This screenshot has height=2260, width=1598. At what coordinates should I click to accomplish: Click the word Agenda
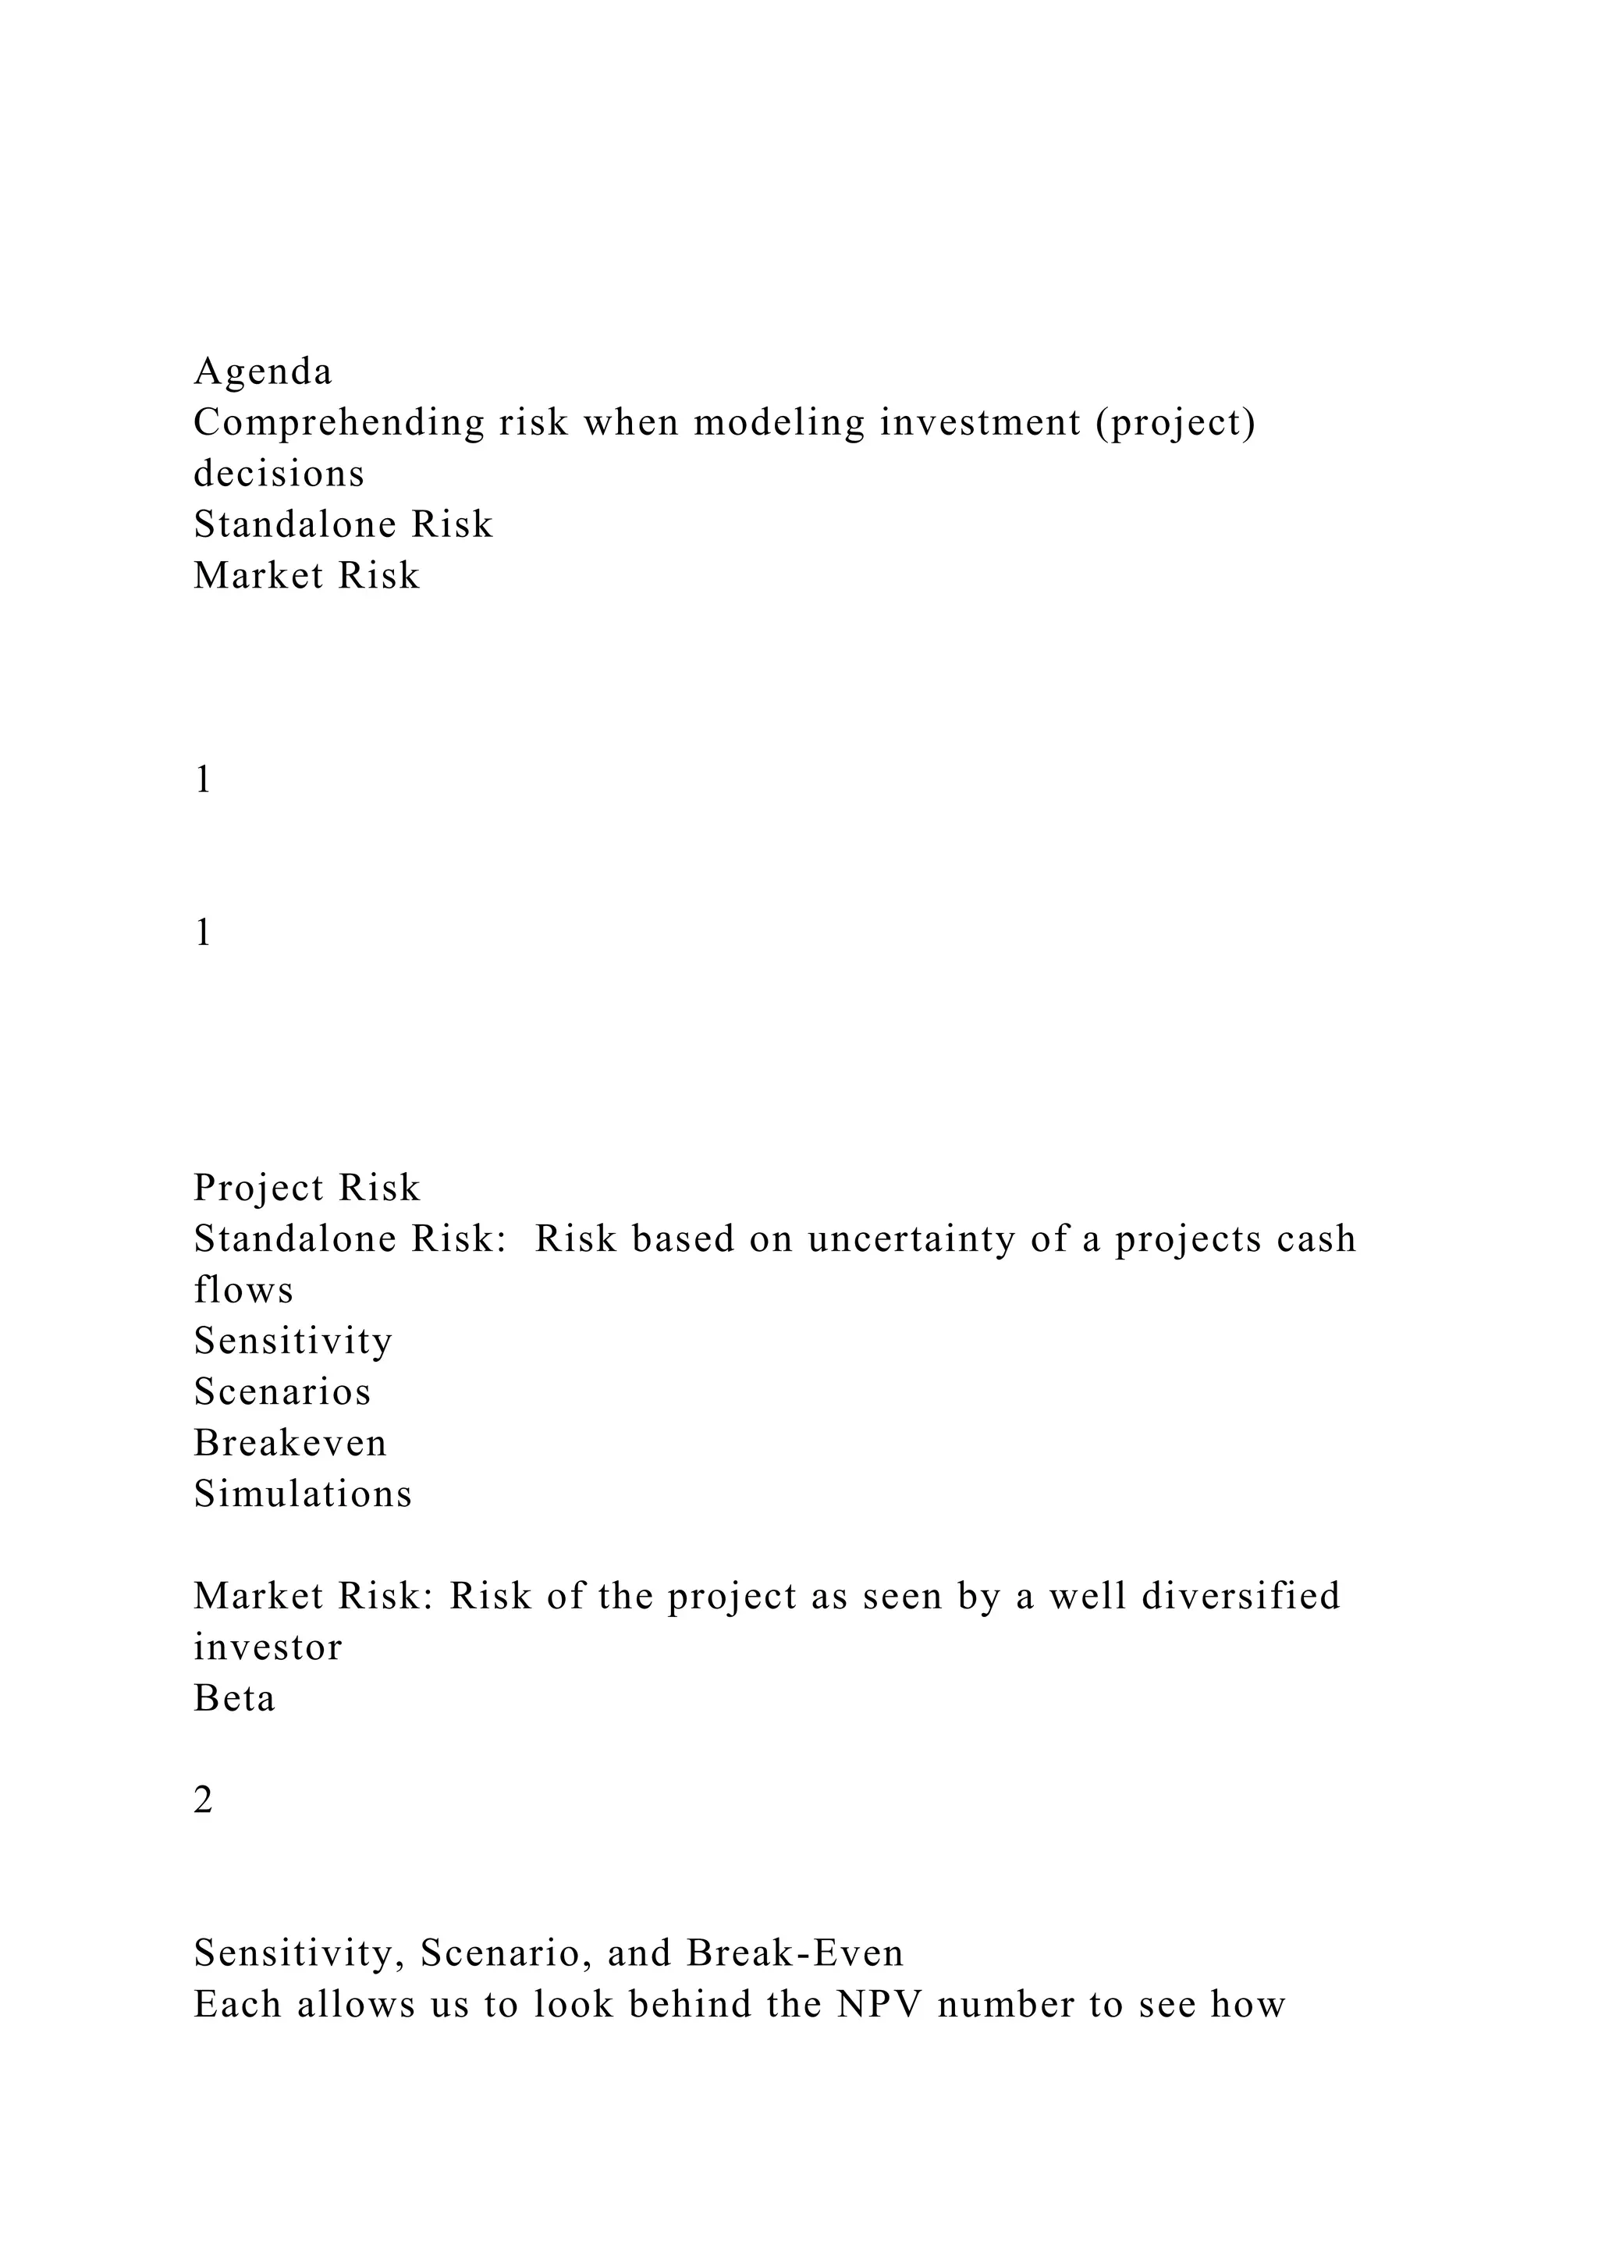pos(263,372)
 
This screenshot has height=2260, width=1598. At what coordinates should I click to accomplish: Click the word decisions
pos(279,474)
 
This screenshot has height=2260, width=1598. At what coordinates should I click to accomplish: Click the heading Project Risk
pos(306,1188)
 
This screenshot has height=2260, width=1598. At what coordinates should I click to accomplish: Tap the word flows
pos(243,1291)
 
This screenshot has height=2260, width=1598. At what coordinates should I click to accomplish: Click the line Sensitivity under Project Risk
pos(293,1341)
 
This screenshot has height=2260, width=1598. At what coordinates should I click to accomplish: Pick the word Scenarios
pos(282,1392)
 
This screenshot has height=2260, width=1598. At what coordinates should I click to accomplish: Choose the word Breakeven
pos(290,1443)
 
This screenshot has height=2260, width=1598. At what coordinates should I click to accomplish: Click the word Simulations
pos(302,1494)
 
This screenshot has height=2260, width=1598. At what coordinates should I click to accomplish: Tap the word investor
pos(268,1647)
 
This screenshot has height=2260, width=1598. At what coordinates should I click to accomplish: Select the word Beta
pos(234,1698)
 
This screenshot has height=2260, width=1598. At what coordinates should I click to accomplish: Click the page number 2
pos(203,1800)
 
